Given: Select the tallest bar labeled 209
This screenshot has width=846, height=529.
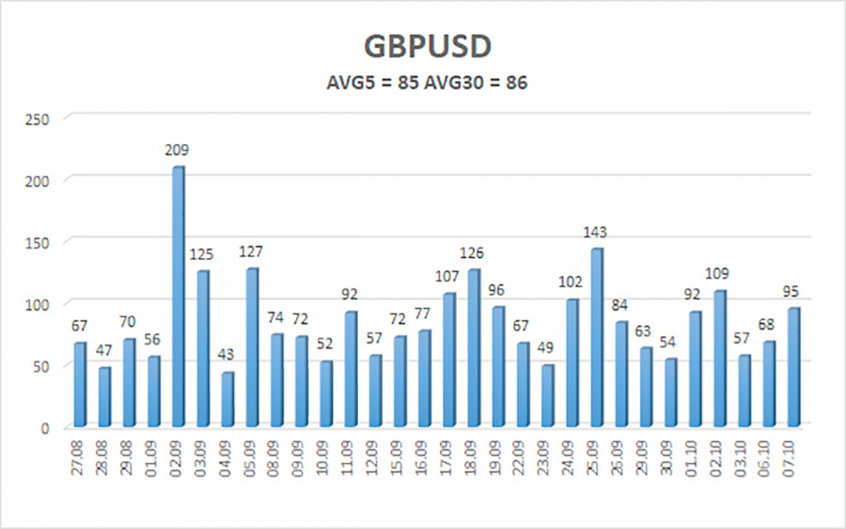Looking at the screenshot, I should click(x=178, y=297).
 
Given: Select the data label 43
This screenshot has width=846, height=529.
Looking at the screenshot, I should click(x=228, y=357).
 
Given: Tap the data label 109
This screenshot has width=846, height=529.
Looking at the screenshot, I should click(x=719, y=275).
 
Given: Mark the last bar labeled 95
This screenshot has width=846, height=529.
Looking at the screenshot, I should click(x=791, y=367).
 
